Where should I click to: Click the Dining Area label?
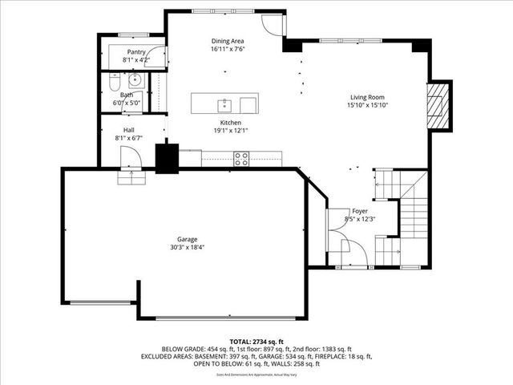coord(228,41)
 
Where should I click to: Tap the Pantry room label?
coord(135,51)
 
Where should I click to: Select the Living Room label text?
coord(368,96)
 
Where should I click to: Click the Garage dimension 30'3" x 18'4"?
coord(188,248)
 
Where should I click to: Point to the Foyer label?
coord(360,211)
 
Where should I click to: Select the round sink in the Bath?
coord(135,79)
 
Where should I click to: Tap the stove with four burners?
coord(240,159)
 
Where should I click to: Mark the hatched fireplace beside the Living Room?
coord(438,103)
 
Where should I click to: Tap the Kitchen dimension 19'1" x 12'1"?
coord(231,131)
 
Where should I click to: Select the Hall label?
coord(128,130)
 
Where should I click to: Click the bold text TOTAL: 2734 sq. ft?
coord(256,341)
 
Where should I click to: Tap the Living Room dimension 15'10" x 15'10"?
coord(368,105)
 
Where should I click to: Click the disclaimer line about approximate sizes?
coord(256,374)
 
